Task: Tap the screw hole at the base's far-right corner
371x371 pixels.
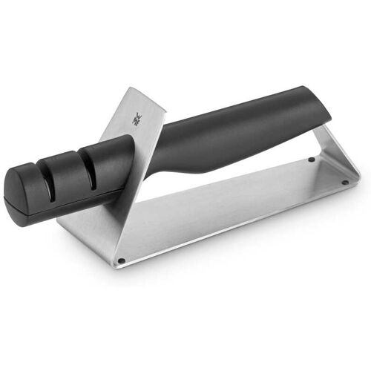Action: click(x=346, y=183)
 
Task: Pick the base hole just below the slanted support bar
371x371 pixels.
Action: click(x=312, y=160)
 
